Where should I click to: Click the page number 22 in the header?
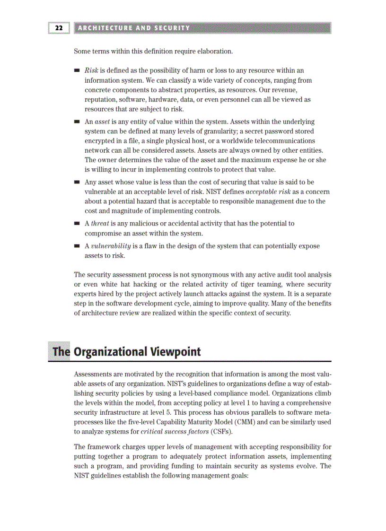59,28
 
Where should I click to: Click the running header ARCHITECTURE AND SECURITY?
134,28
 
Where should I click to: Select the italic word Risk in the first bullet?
91,70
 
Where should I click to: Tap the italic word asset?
103,122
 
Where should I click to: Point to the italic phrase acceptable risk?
269,192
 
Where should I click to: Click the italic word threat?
100,224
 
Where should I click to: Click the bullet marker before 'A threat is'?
77,224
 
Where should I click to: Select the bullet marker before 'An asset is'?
77,122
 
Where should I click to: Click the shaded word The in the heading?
61,352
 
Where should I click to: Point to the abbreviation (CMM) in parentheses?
243,422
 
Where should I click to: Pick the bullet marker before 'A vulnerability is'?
77,246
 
